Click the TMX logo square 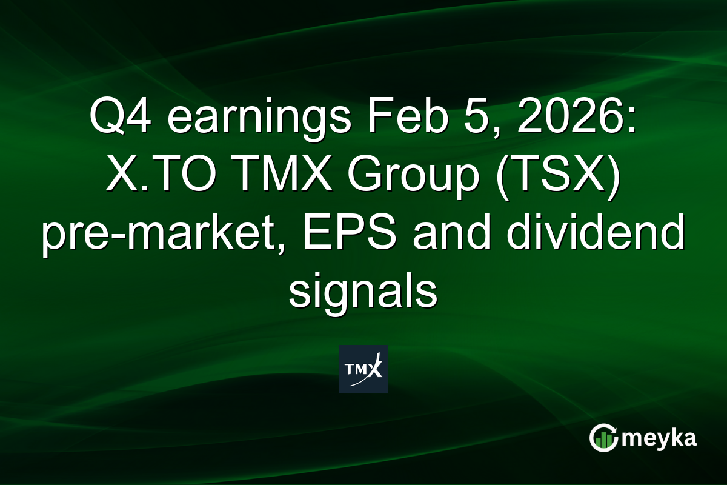click(363, 369)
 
